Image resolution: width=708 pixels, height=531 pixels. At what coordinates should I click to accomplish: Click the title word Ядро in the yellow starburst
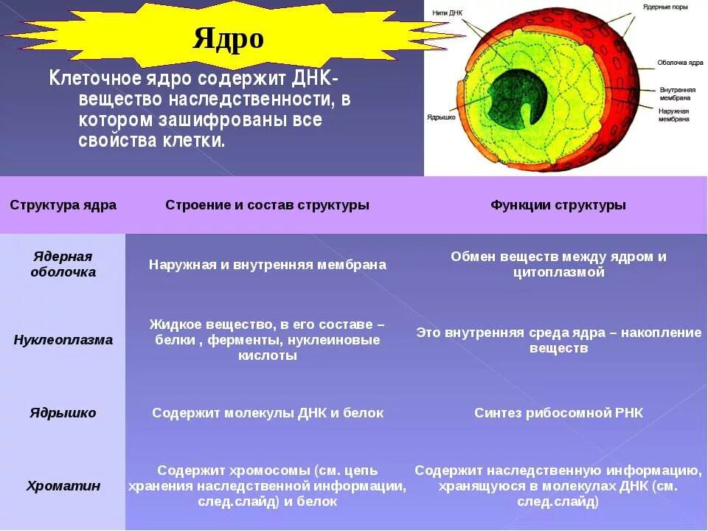tap(228, 38)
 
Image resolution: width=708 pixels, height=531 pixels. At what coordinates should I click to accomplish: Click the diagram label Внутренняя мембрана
tap(675, 93)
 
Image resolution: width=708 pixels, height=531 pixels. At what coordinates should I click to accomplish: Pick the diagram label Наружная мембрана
tap(675, 114)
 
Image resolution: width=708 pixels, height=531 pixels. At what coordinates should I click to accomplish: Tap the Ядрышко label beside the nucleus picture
tap(441, 117)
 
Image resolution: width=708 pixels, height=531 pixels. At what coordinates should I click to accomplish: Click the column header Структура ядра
tap(63, 205)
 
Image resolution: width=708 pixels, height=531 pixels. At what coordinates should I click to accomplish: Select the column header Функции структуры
tap(558, 205)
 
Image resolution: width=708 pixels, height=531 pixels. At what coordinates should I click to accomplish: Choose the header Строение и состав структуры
tap(267, 205)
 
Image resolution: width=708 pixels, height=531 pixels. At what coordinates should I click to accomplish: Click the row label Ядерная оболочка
tap(63, 264)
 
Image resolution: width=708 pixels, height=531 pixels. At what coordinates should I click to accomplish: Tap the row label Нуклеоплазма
tap(63, 340)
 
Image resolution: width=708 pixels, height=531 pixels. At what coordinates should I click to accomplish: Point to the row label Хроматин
tap(63, 486)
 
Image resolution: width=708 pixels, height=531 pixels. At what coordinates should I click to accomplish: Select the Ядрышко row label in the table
tap(63, 413)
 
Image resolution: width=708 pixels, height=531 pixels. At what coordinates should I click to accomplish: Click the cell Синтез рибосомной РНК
tap(558, 413)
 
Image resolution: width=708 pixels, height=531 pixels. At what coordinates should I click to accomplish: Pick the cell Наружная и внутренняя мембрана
tap(267, 264)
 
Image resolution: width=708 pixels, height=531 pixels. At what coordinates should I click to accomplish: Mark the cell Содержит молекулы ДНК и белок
tap(267, 413)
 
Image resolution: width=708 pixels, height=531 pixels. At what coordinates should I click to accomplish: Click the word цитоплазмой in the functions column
tap(558, 272)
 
